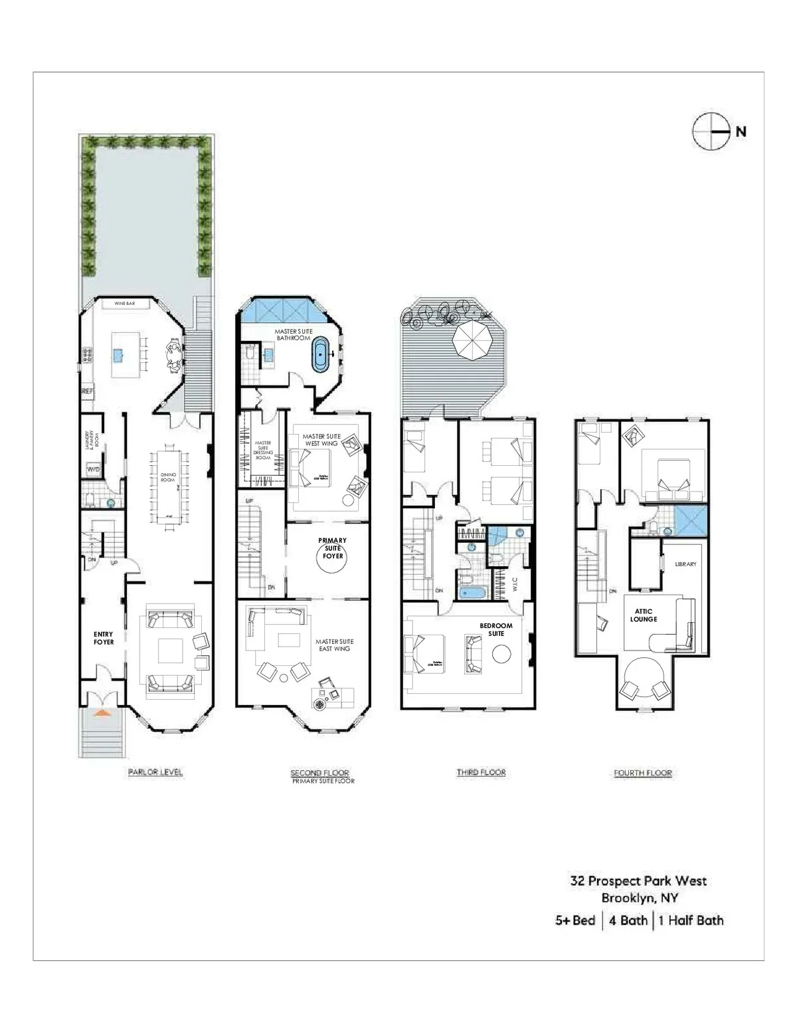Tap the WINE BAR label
124,303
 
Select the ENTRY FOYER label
103,638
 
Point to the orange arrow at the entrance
101,713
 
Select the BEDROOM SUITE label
496,629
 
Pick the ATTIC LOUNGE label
643,615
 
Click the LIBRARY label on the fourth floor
685,564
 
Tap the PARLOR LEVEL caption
155,772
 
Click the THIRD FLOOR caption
481,772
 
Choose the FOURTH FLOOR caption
642,773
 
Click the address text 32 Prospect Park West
638,881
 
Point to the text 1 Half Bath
691,920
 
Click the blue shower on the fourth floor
691,520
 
